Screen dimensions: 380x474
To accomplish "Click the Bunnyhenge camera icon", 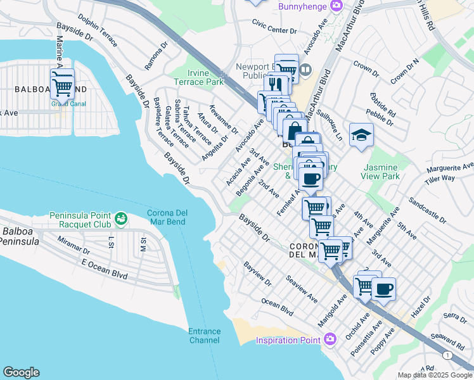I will click(336, 6).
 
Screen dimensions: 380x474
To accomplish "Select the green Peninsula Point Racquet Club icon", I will click(120, 220).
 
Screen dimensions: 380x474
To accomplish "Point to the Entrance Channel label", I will click(204, 336).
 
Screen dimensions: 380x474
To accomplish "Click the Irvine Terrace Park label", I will click(207, 77).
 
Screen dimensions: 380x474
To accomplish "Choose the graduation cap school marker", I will click(361, 136).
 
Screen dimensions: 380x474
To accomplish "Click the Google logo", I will click(21, 372).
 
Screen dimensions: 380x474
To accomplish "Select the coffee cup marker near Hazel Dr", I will click(383, 289).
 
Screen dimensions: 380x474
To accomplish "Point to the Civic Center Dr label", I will click(274, 30).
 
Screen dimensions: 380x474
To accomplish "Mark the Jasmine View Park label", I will click(381, 172).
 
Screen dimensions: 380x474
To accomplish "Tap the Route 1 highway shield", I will click(449, 356).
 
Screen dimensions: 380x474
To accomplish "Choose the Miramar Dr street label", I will click(74, 243).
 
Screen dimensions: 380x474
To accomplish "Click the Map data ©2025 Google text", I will click(435, 375).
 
